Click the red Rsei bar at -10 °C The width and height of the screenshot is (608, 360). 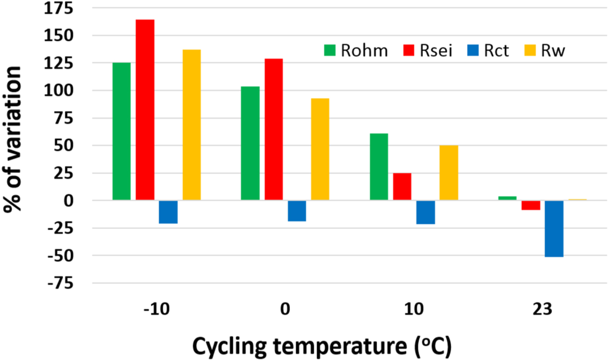pos(145,110)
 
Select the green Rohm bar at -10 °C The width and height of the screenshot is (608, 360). pos(122,131)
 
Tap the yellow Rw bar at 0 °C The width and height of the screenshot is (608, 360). pos(320,149)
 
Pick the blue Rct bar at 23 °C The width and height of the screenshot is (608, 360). pos(554,229)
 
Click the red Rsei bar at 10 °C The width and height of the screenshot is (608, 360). pos(402,186)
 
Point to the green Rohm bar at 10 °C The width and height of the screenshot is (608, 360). pos(379,167)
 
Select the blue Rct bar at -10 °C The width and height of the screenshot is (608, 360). pos(168,212)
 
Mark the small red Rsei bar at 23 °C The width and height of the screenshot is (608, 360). pos(531,205)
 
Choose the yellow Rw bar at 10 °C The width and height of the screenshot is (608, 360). pos(448,173)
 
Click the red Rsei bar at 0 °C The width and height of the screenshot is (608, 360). pos(273,129)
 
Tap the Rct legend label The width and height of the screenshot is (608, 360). pos(496,51)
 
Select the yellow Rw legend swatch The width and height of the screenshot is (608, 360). pos(530,50)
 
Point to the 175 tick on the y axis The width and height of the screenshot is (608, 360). pos(58,8)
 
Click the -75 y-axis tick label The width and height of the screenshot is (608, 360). pos(60,284)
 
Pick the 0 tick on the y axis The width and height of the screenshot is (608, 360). pos(68,201)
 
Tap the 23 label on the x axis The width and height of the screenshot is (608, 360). pos(542,309)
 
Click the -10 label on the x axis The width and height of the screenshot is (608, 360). pos(156,309)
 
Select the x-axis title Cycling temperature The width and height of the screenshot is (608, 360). pos(321,346)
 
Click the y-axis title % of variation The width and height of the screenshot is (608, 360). pos(13,140)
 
